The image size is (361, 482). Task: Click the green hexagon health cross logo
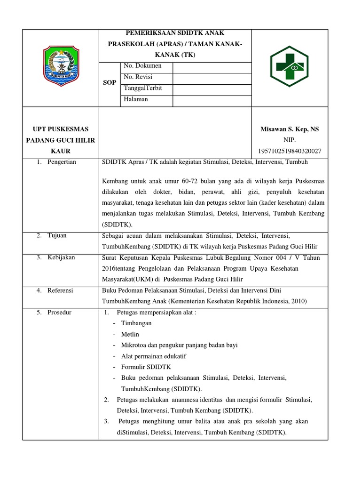coord(289,68)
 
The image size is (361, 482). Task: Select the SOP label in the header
coord(110,82)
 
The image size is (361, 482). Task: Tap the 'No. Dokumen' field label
coord(142,66)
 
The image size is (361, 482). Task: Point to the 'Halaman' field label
coord(136,99)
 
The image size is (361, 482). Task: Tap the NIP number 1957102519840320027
coord(290,151)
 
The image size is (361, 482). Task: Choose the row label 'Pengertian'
coord(62,162)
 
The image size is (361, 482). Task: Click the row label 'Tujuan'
coord(57,235)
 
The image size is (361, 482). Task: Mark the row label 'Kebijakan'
coord(61,257)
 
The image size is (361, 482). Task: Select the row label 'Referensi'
coord(60,290)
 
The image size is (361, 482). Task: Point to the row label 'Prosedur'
coord(59,313)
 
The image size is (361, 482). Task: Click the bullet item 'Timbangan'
coord(136,323)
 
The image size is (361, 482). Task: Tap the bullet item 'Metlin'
coord(130,334)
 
